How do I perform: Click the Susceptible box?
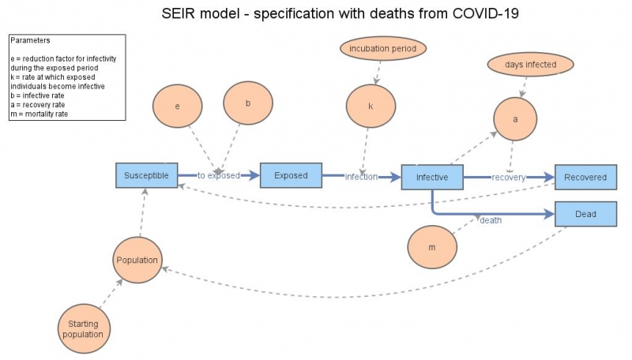[x=146, y=175]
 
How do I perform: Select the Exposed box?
[x=291, y=175]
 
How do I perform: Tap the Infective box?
[x=432, y=178]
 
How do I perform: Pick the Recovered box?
[x=585, y=178]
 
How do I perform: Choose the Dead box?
[x=585, y=213]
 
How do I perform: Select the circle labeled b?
[x=248, y=103]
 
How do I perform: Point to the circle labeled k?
[x=371, y=105]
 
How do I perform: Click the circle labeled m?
[x=432, y=247]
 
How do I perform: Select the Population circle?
[x=137, y=260]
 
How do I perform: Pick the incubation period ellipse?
[x=383, y=49]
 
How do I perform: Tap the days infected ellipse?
[x=531, y=63]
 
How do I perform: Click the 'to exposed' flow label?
[x=218, y=176]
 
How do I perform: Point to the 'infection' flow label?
[x=361, y=177]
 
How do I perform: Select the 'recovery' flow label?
[x=508, y=178]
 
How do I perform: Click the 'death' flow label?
[x=491, y=220]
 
